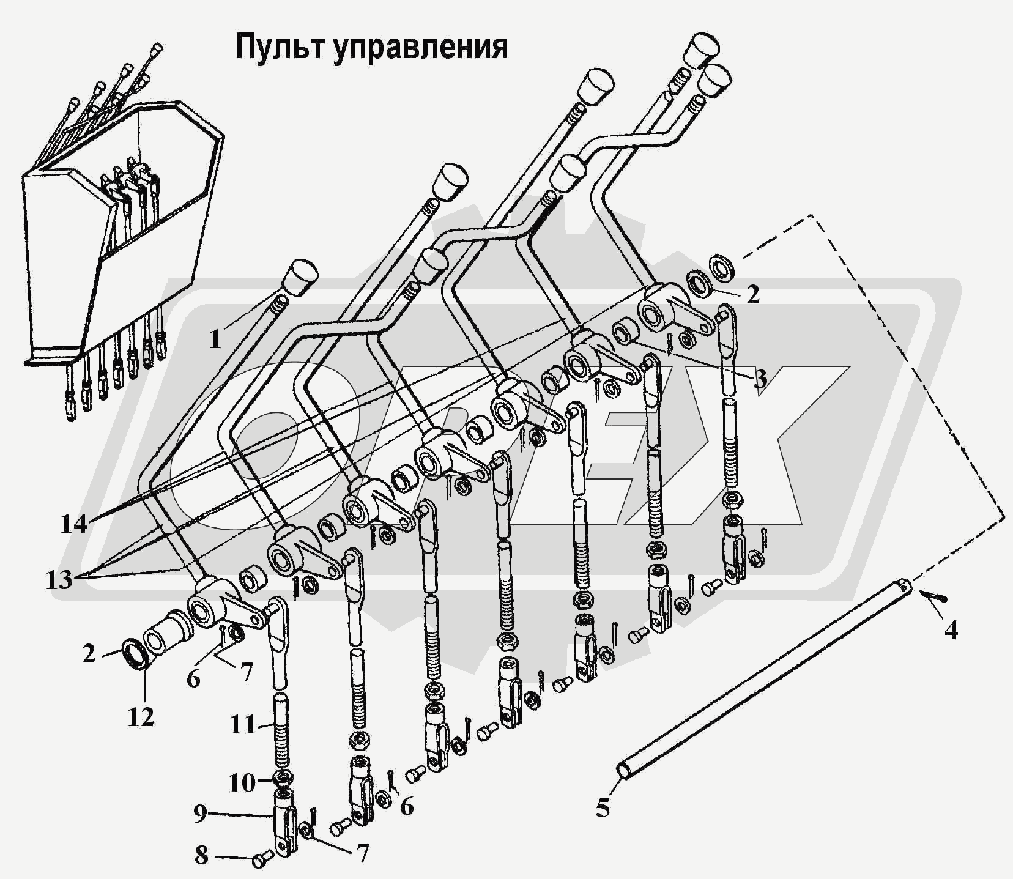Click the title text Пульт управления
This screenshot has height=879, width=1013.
371,47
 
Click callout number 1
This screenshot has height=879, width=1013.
215,339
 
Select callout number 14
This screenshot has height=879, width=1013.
73,524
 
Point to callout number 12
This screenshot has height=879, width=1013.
141,716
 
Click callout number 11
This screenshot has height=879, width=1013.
242,725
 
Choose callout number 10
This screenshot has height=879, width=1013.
242,782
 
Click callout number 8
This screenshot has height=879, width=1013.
201,856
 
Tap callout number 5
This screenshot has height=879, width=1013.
603,809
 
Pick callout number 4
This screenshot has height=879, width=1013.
950,629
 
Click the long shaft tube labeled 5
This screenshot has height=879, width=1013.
765,680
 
